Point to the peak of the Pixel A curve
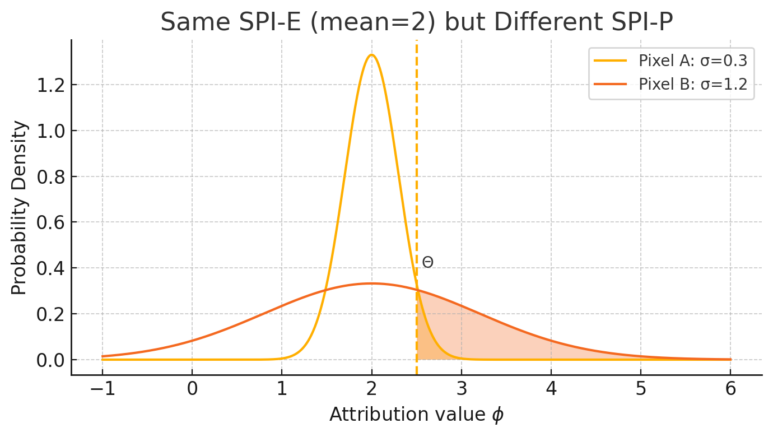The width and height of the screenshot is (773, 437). point(371,55)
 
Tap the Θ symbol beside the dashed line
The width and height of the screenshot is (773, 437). point(428,262)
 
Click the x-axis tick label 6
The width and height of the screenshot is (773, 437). point(730,389)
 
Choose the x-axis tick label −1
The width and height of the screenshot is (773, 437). point(102,389)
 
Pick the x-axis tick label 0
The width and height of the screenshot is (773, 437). point(192,389)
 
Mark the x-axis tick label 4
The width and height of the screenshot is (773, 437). point(551,389)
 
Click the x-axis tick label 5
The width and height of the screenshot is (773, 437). point(641,389)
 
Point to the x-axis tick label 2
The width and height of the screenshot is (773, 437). point(371,389)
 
